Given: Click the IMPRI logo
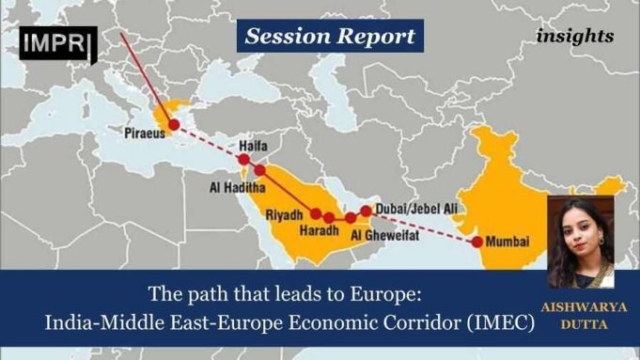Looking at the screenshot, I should point(57,43).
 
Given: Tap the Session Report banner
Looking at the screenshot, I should point(329,37).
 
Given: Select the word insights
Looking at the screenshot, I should point(576,37).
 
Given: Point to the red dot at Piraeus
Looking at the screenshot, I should point(174,124).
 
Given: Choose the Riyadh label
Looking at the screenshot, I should point(285,215).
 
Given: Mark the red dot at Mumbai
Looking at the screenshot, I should point(477,242).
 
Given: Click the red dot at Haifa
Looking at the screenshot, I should point(243,161).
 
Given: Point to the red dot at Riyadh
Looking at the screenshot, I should point(317,212).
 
